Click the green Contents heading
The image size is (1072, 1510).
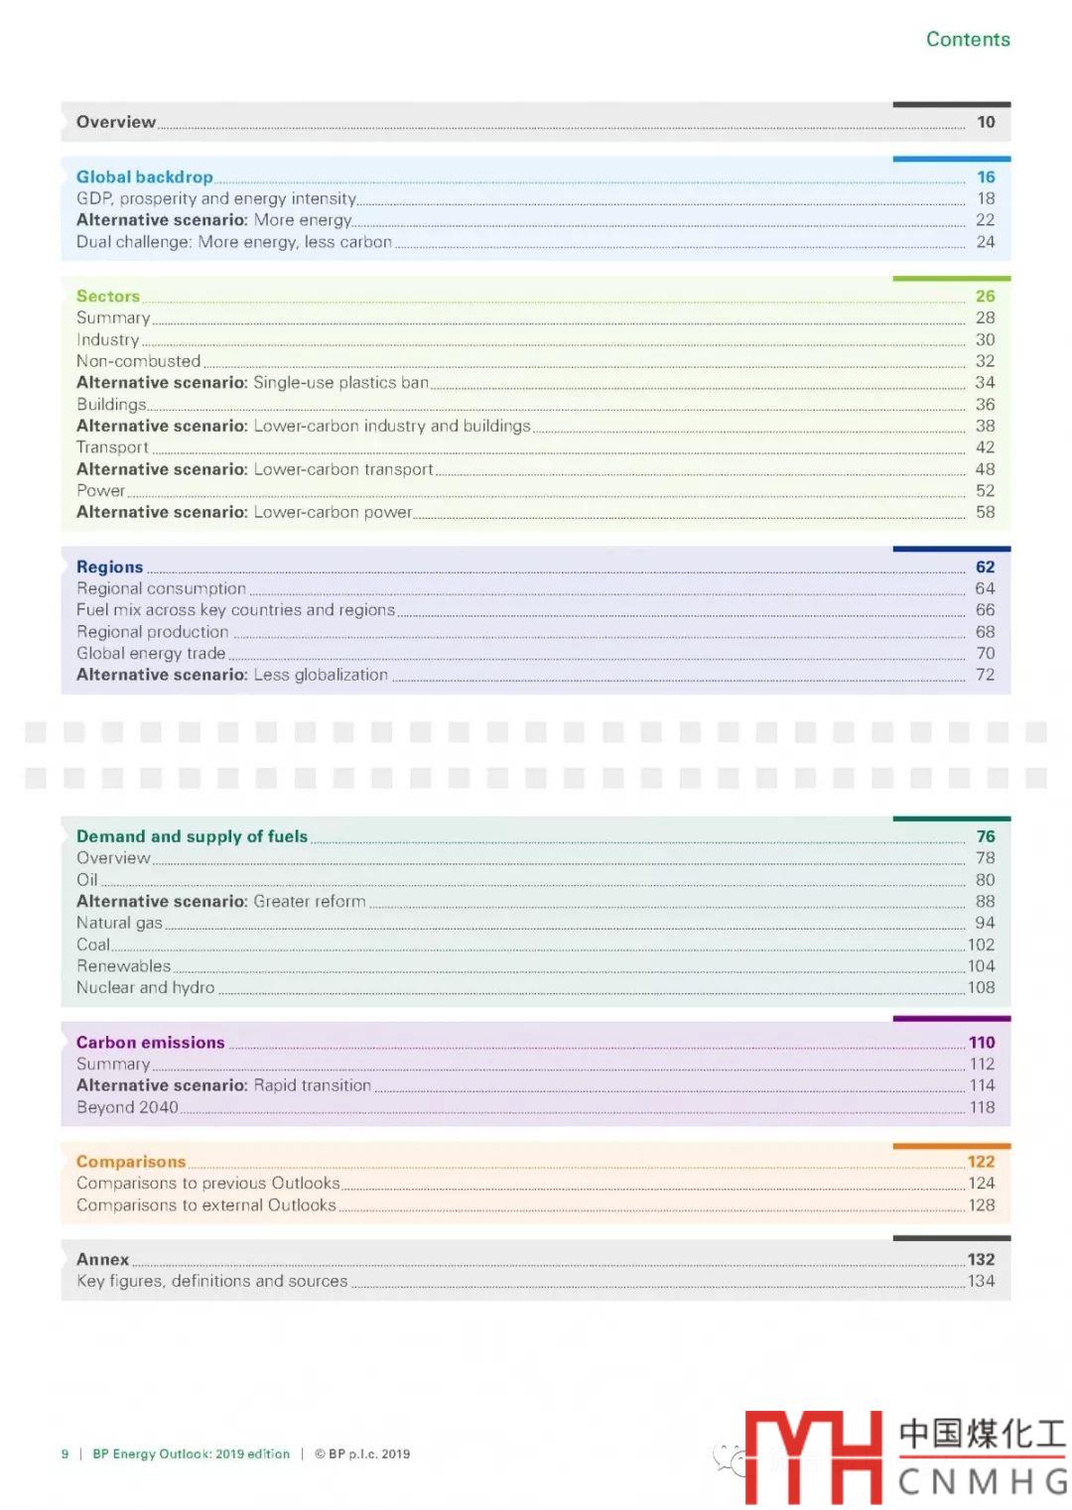pos(968,40)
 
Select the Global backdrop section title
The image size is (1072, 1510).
pos(145,177)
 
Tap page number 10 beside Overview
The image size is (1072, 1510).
pos(986,122)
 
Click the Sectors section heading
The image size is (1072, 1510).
pos(108,296)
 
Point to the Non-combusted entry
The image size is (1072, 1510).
pos(139,361)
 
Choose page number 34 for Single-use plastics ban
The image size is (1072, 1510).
pos(985,383)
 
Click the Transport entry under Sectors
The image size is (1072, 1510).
pos(112,447)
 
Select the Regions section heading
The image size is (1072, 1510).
pos(110,566)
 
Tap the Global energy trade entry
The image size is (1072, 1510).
pos(151,653)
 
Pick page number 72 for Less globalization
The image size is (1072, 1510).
pos(985,675)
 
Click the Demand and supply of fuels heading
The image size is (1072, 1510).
pos(192,836)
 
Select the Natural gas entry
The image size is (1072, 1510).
pos(119,923)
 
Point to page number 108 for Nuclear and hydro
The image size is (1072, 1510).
pos(982,987)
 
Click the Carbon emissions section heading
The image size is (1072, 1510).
pos(151,1042)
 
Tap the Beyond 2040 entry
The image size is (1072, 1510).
pos(127,1107)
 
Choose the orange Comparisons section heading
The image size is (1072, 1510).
pos(131,1161)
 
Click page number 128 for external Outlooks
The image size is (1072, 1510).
pos(982,1204)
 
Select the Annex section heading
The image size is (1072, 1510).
pos(103,1259)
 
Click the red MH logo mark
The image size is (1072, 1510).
pos(814,1456)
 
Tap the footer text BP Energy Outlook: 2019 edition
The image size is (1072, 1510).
pos(192,1453)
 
